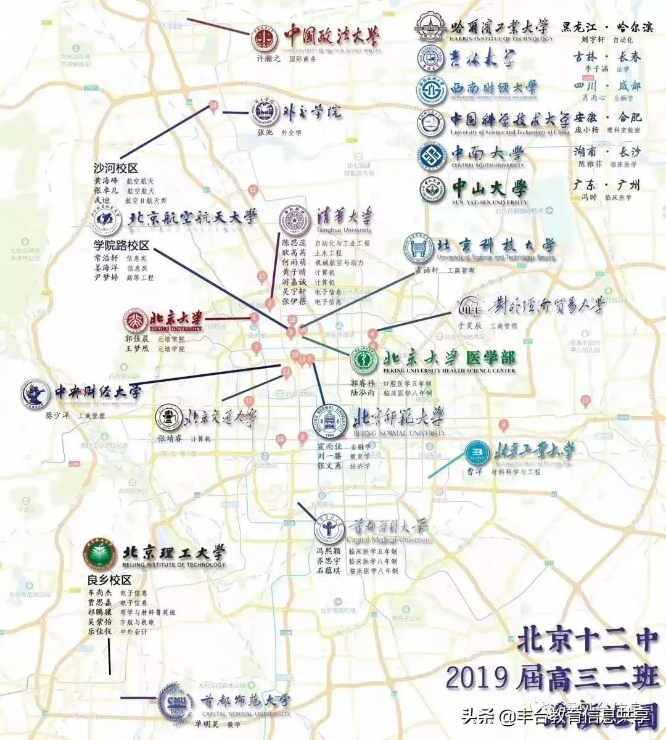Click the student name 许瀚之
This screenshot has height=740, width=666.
[x=268, y=59]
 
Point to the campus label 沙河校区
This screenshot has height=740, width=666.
[x=115, y=168]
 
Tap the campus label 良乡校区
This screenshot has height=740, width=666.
[x=110, y=580]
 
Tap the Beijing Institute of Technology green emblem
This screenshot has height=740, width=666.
[x=101, y=554]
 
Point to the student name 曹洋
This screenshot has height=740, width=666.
[x=474, y=472]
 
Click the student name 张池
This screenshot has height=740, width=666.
[x=264, y=132]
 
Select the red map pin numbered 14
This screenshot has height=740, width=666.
[x=213, y=106]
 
